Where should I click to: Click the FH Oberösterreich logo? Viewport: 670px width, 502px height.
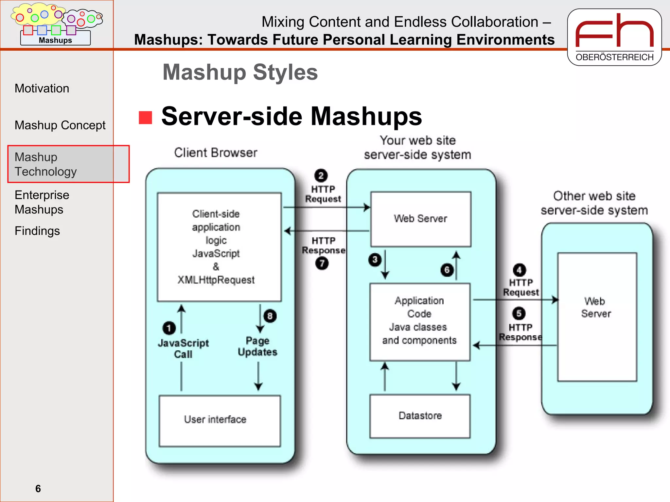coord(614,37)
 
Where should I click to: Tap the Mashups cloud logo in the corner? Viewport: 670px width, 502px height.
coord(56,24)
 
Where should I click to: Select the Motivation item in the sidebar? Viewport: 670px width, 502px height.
coord(42,89)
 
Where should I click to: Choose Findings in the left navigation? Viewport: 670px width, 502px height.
coord(37,231)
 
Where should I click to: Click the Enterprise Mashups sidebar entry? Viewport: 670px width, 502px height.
coord(42,202)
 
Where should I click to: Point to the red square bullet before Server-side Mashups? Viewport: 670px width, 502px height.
coord(145,118)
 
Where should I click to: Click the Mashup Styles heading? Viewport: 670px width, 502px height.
coord(240,72)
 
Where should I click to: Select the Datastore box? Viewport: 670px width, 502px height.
coord(420,416)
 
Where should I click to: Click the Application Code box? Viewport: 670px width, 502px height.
coord(420,322)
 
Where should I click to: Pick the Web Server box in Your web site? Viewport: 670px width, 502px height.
coord(421,219)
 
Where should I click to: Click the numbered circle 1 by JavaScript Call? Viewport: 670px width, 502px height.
coord(169,328)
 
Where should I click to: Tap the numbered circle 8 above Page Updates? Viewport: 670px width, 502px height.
coord(270,316)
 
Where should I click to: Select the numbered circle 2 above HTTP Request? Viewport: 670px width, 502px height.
coord(321,176)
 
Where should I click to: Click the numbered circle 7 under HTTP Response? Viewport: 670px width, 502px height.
coord(322,263)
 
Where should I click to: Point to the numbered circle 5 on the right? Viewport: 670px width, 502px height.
coord(519,313)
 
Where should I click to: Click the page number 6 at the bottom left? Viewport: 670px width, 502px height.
coord(38,489)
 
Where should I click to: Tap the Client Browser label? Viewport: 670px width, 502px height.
coord(216,153)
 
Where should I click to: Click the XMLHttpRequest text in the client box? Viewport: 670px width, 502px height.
coord(216,280)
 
